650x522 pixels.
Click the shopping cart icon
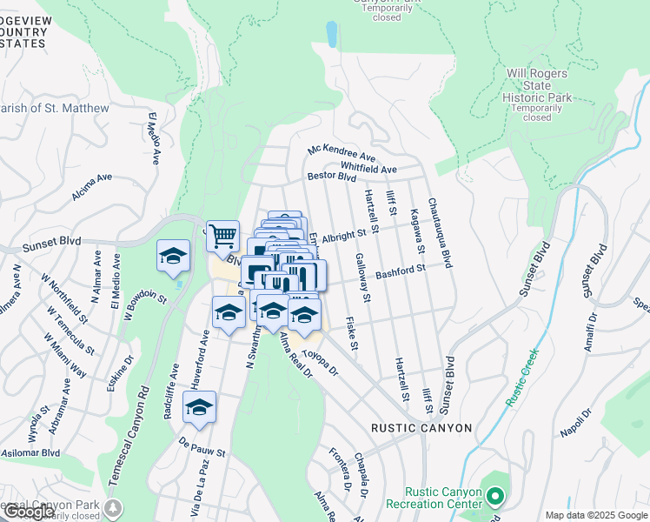pyautogui.click(x=222, y=235)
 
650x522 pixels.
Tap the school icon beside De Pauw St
pyautogui.click(x=199, y=407)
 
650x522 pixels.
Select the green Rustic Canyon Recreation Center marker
pyautogui.click(x=495, y=497)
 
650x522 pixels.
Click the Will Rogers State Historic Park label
pyautogui.click(x=538, y=86)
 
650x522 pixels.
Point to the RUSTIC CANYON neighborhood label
pyautogui.click(x=421, y=428)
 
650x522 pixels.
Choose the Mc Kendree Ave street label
pyautogui.click(x=341, y=152)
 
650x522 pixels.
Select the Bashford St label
pyautogui.click(x=400, y=272)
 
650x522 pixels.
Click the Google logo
pyautogui.click(x=28, y=512)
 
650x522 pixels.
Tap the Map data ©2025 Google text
pyautogui.click(x=596, y=515)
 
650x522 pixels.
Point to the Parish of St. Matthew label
pyautogui.click(x=54, y=108)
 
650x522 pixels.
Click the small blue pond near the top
pyautogui.click(x=331, y=34)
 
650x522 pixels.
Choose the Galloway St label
pyautogui.click(x=363, y=278)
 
